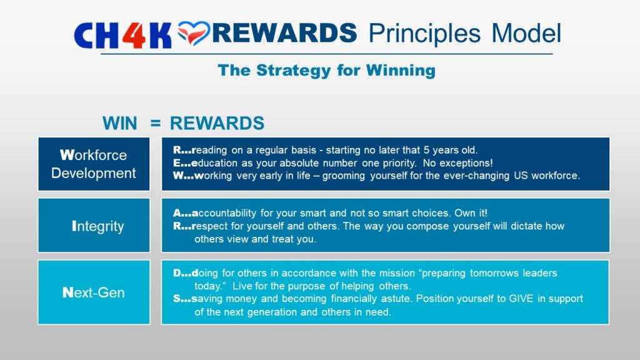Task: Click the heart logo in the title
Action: (194, 32)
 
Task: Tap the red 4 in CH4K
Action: (134, 36)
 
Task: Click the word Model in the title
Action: (526, 33)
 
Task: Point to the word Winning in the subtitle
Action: (401, 71)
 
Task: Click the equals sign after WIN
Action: (156, 123)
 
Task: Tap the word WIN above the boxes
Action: (119, 123)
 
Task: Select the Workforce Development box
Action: (94, 164)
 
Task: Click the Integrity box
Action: (94, 225)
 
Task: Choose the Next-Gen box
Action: (94, 292)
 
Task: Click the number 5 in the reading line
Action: (426, 150)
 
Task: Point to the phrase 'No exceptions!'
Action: (458, 163)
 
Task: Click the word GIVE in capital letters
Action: (521, 298)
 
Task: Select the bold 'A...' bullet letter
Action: (182, 212)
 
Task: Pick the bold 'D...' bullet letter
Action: (182, 272)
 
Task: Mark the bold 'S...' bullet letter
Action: (182, 298)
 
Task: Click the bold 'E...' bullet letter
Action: (182, 163)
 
